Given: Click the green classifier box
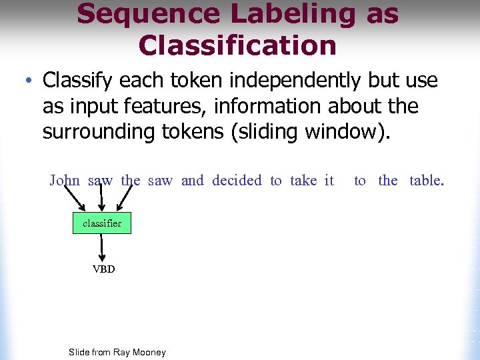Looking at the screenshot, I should (101, 223).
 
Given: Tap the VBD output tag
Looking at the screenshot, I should (103, 269).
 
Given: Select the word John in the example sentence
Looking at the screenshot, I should (65, 180).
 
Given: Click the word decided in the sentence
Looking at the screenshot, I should (237, 180).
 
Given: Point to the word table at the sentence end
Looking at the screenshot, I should (426, 180).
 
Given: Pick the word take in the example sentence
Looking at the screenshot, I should (303, 180).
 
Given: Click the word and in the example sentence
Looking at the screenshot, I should (193, 180).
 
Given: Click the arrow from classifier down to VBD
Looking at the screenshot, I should (102, 247).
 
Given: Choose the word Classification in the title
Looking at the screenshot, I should (237, 45).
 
